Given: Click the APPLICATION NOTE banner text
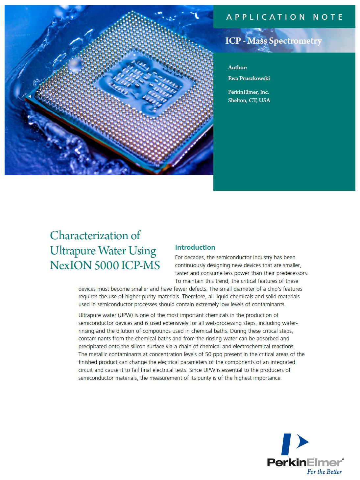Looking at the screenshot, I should [x=284, y=17].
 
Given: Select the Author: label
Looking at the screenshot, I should [x=238, y=67].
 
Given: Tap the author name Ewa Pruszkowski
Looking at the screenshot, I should [x=249, y=78].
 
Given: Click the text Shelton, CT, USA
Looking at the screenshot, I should [x=249, y=100].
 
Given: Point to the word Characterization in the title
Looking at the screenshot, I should [x=90, y=236].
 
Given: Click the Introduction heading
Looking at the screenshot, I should [x=195, y=247].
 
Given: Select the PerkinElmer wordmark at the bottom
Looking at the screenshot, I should [x=304, y=462].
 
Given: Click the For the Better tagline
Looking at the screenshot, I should [x=324, y=472].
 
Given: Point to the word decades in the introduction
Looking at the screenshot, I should [x=196, y=257].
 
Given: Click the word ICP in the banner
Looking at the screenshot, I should [x=233, y=41].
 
